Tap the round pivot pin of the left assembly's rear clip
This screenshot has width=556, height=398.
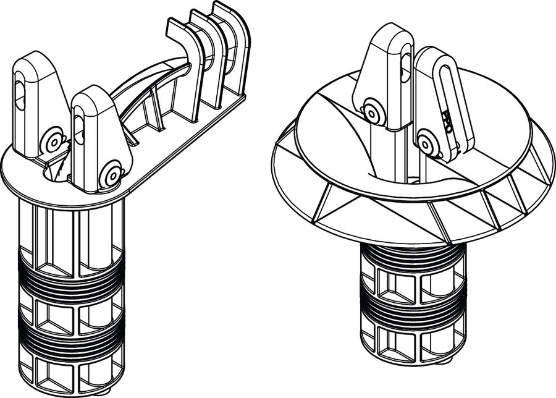pyautogui.click(x=54, y=142)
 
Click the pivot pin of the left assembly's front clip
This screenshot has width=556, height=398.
pyautogui.click(x=112, y=174)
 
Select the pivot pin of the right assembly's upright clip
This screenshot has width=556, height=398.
pyautogui.click(x=372, y=114)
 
